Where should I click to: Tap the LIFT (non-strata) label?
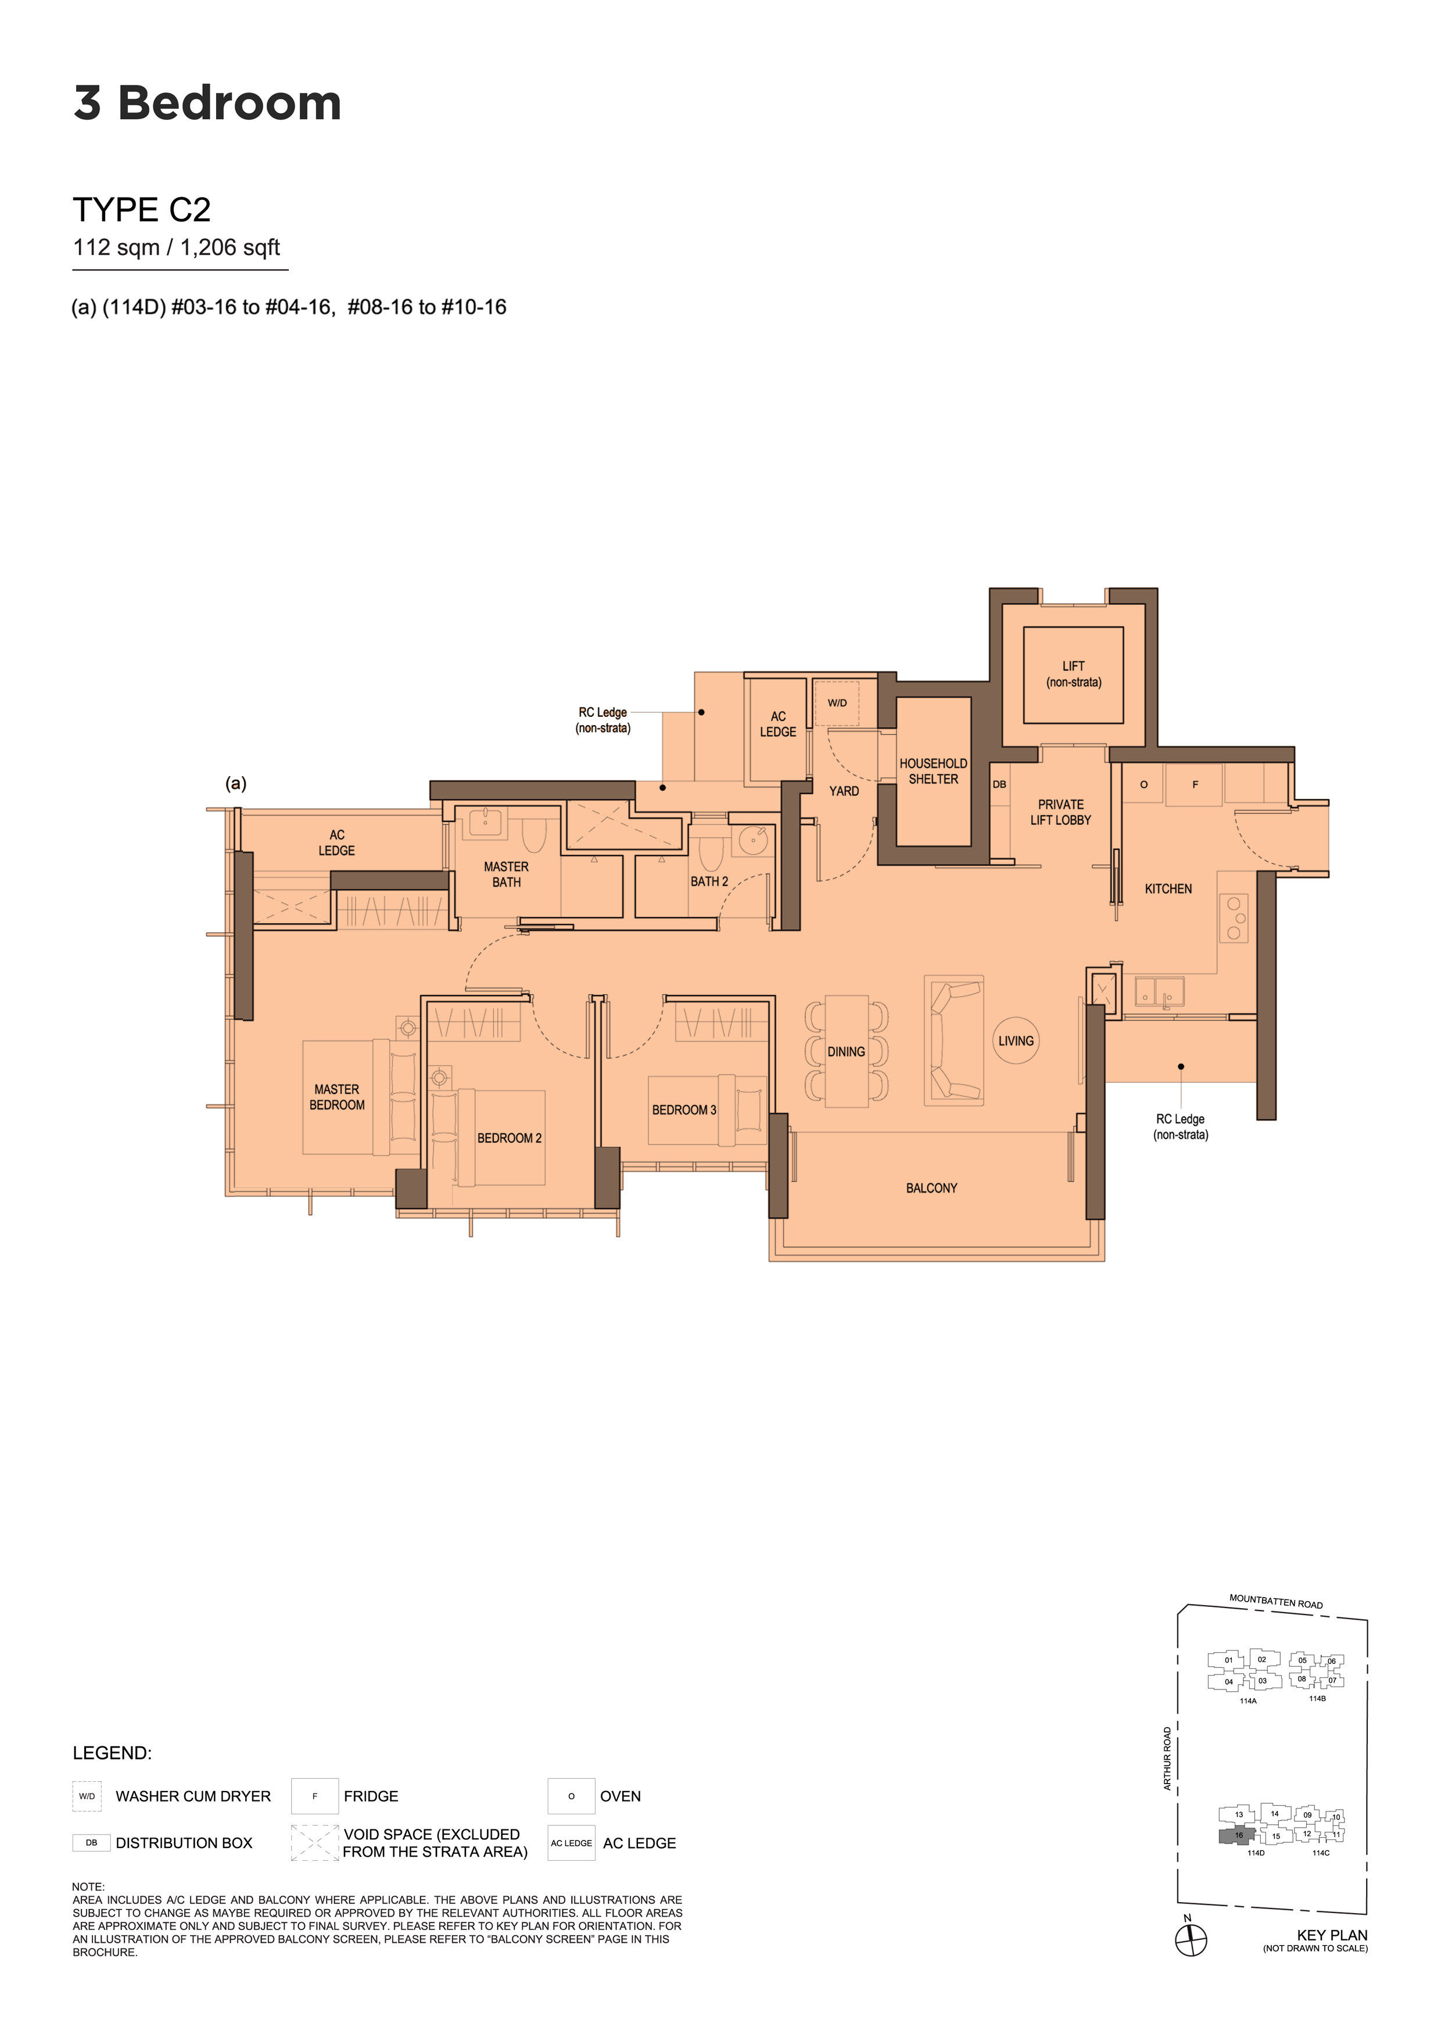click(x=1073, y=674)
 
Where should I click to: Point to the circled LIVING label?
click(x=1016, y=1040)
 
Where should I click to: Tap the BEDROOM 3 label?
click(x=684, y=1110)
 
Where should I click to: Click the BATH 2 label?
click(x=709, y=881)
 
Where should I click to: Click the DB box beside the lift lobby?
click(x=1000, y=785)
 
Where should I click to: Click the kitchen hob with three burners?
click(x=1233, y=918)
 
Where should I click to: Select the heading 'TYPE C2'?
click(x=142, y=210)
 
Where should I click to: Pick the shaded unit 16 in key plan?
click(x=1237, y=1836)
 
